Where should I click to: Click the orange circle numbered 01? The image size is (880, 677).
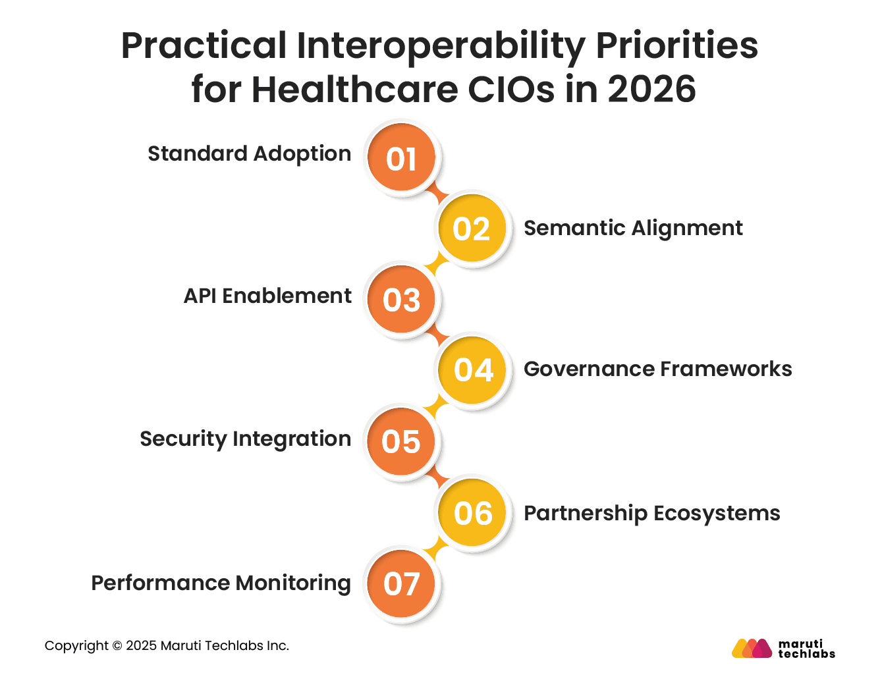[x=401, y=158]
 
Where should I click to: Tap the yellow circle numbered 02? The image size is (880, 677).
[x=472, y=229]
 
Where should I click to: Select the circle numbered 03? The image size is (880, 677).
[x=401, y=300]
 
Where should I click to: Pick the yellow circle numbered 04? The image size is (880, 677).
[x=472, y=370]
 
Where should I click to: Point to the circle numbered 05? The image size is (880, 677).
[x=401, y=441]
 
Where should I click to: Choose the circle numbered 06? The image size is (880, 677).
[x=472, y=513]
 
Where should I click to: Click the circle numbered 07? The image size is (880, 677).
[x=401, y=583]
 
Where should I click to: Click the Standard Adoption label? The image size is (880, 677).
[x=249, y=154]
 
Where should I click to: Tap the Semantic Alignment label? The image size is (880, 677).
[x=633, y=229]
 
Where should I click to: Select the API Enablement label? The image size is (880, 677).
[x=267, y=296]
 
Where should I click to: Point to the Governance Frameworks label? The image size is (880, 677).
[x=657, y=369]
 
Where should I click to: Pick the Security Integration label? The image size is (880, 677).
[x=245, y=439]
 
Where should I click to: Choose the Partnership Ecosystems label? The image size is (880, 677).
[x=651, y=514]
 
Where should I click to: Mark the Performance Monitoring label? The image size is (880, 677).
[x=221, y=583]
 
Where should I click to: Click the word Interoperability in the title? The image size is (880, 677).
[x=441, y=46]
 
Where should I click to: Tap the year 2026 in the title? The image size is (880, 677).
[x=651, y=90]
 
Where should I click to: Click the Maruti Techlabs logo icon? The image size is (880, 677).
[x=752, y=648]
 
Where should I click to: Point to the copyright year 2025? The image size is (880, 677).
[x=141, y=646]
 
